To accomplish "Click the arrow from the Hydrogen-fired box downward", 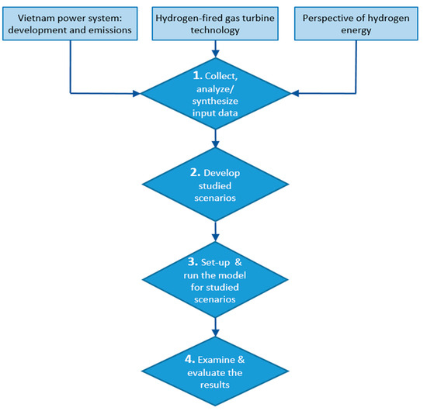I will click(213, 48).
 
